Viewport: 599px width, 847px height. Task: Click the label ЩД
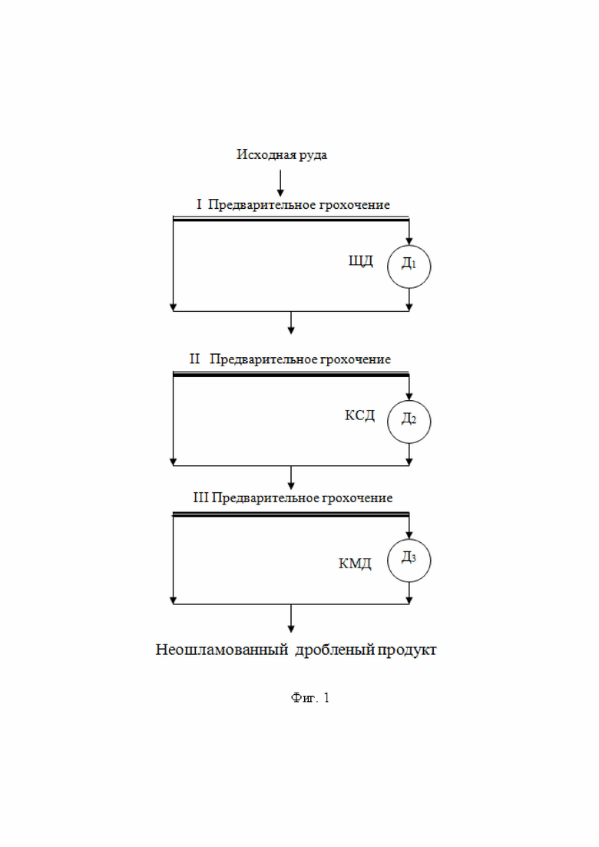pos(361,261)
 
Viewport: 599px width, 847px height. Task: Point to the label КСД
pos(359,415)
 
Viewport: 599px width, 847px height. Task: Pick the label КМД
pos(355,564)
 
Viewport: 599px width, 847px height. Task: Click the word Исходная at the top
pos(259,154)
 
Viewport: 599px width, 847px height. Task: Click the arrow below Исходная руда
pos(280,183)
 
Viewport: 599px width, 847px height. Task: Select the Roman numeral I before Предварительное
pos(199,205)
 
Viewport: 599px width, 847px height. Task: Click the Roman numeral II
pos(194,359)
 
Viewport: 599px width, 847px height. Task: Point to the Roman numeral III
pos(200,498)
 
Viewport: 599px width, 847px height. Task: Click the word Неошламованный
pos(222,650)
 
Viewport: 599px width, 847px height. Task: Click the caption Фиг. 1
pos(310,698)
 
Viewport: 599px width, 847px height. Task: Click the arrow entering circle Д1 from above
pos(409,231)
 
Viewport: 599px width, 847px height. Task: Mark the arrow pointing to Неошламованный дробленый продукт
pos(291,618)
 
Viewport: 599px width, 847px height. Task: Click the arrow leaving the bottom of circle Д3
pos(409,593)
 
